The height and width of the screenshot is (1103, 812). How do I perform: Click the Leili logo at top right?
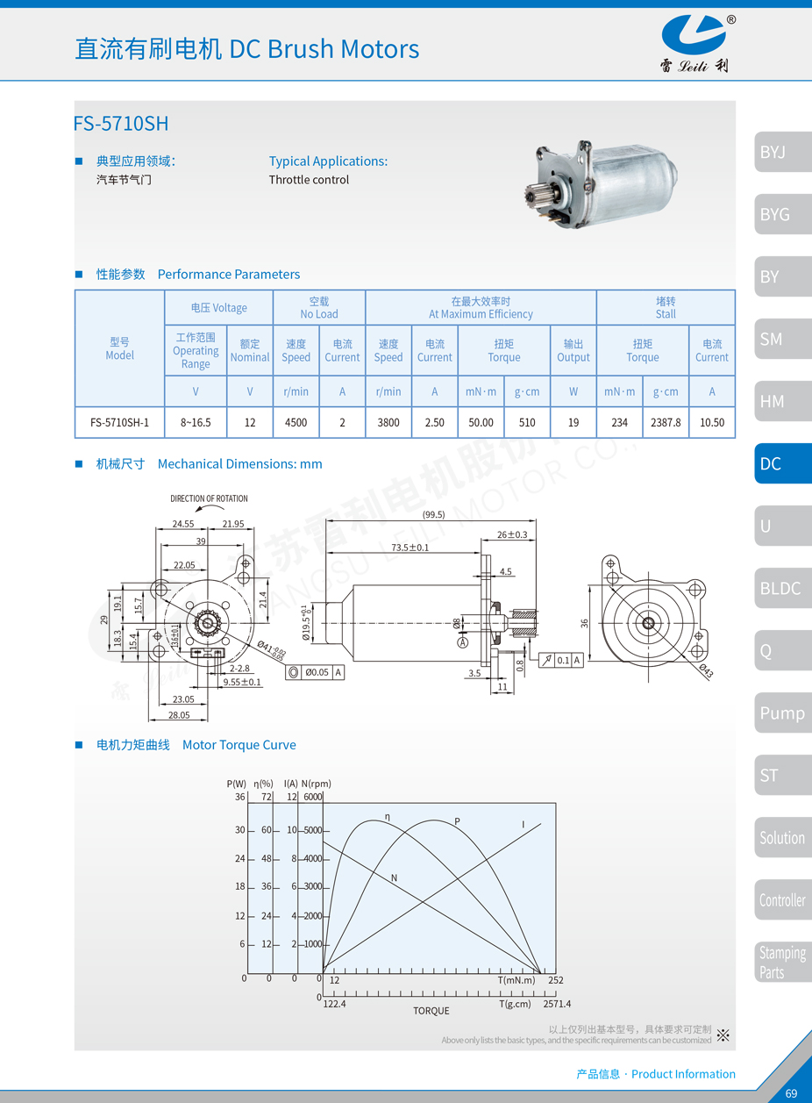click(694, 39)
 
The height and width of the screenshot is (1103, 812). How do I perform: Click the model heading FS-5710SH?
click(121, 124)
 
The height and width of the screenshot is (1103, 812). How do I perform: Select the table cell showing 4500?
click(296, 422)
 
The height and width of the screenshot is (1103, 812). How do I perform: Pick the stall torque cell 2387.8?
click(666, 422)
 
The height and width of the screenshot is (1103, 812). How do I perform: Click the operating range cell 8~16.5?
click(196, 422)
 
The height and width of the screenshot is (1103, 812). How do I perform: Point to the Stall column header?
click(666, 307)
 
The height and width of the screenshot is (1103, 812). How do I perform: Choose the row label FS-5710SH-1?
click(120, 422)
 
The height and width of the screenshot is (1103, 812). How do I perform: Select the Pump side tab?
click(781, 713)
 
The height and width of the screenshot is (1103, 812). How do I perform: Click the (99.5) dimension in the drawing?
click(433, 515)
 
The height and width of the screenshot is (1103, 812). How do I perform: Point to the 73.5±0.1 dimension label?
click(410, 547)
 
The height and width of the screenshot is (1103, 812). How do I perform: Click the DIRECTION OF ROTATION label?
click(209, 498)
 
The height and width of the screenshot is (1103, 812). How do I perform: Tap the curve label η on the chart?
click(387, 816)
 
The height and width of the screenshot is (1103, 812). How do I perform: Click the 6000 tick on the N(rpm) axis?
click(312, 797)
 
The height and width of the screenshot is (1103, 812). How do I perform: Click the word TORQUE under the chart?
click(431, 1011)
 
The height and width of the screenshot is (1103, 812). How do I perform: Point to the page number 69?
click(791, 1093)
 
